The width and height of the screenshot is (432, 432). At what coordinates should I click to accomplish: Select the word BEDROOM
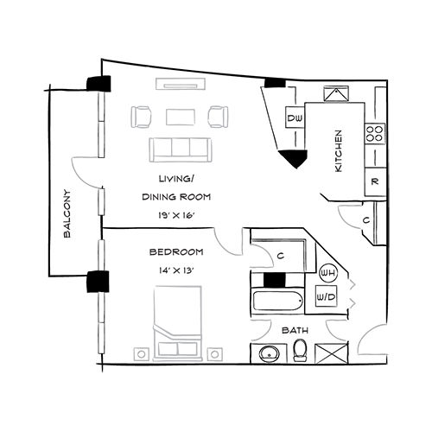point(176,252)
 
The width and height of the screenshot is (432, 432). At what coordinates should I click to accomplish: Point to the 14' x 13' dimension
point(175,270)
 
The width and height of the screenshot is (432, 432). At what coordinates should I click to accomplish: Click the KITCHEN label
point(339,152)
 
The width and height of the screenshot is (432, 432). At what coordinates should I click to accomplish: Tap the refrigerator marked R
point(374,181)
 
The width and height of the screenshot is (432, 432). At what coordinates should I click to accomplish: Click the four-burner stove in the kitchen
point(375,133)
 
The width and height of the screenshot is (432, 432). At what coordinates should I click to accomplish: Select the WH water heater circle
point(327,274)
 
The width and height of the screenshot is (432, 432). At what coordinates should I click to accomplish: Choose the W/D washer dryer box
point(327,298)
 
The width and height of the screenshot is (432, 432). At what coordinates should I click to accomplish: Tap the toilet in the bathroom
point(300,350)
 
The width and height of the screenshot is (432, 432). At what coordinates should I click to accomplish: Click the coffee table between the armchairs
point(181,116)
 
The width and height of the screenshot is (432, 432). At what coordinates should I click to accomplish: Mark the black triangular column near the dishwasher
point(294,158)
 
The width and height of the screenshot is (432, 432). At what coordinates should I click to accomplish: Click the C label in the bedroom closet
point(282,255)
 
